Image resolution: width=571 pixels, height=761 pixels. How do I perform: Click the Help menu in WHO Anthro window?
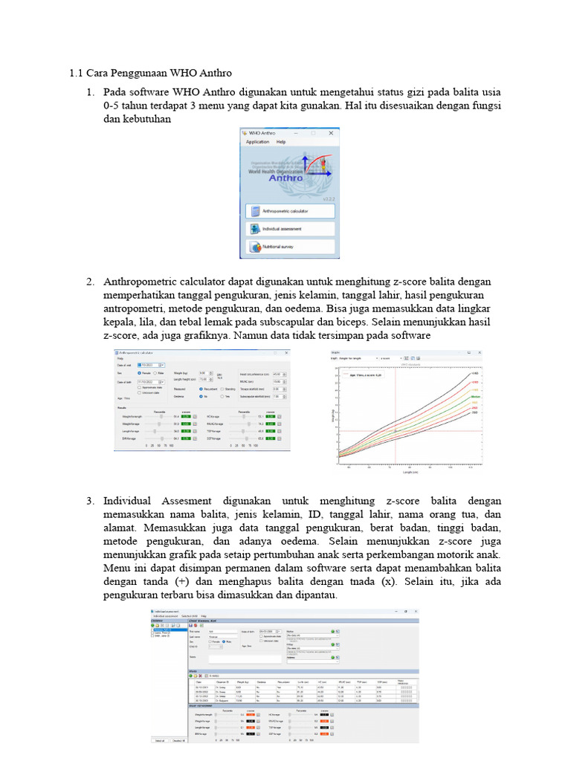(281, 141)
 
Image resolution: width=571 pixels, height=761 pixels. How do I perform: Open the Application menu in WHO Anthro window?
(257, 141)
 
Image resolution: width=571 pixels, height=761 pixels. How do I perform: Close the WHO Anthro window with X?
(329, 132)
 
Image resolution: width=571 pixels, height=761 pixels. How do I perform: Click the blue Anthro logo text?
(286, 178)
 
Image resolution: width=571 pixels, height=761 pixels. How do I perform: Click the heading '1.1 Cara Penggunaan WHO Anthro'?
(150, 73)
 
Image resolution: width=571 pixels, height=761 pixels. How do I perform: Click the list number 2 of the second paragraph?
(90, 282)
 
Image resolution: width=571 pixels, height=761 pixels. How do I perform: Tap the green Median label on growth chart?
(476, 398)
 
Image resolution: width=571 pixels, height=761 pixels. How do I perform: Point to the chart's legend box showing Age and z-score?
(364, 375)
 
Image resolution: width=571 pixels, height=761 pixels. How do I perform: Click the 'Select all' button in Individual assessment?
(159, 740)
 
